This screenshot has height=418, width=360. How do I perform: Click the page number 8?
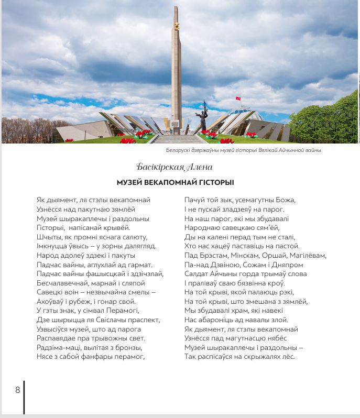point(17,390)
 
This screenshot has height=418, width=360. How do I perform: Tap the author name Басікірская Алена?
point(174,167)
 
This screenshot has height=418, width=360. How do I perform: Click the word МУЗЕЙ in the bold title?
point(130,182)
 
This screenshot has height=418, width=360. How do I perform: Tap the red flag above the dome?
point(237,98)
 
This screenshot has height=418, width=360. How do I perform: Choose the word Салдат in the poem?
point(197,273)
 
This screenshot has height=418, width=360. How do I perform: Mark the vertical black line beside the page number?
point(24,397)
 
